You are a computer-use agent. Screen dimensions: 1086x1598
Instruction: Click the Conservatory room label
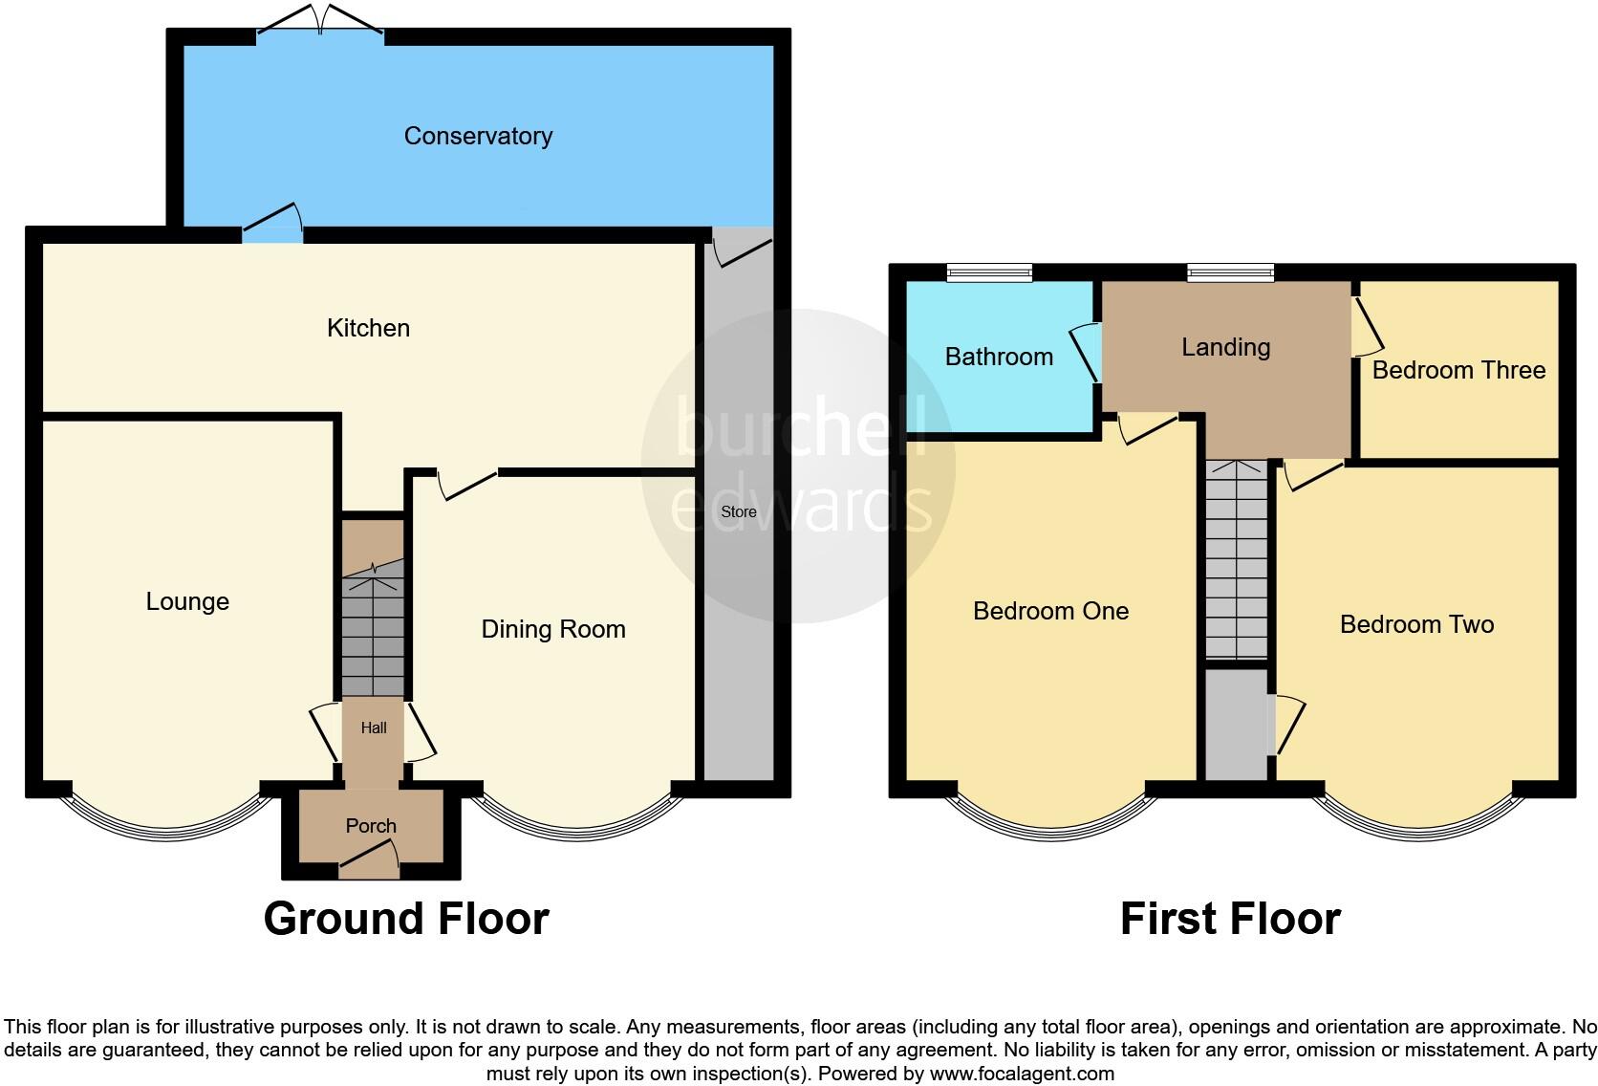478,136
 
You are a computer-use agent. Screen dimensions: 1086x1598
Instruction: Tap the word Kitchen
368,328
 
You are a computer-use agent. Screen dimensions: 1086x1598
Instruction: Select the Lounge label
187,601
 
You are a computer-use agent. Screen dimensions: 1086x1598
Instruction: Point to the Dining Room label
553,629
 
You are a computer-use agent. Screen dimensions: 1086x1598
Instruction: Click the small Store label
739,512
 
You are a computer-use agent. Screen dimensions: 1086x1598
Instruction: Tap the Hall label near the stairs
374,728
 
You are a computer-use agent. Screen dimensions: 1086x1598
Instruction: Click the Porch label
371,826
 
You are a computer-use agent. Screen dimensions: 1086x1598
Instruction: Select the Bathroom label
999,357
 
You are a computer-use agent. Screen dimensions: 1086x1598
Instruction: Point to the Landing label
1225,347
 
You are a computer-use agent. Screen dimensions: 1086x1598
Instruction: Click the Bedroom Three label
1458,370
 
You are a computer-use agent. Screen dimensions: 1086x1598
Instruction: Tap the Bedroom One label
1050,611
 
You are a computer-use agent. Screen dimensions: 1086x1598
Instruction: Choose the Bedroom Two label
1416,624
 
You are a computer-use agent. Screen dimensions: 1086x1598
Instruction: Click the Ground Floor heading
406,919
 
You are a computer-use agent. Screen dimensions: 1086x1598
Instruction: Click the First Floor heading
1230,919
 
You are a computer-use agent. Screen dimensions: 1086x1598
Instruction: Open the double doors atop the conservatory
320,21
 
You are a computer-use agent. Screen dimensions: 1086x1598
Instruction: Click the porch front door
370,865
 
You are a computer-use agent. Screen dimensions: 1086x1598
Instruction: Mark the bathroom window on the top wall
989,273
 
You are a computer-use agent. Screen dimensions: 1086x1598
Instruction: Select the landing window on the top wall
1230,273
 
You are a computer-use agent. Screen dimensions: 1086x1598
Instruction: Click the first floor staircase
1237,559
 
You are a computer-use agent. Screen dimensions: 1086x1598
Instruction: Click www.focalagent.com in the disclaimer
1022,1074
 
